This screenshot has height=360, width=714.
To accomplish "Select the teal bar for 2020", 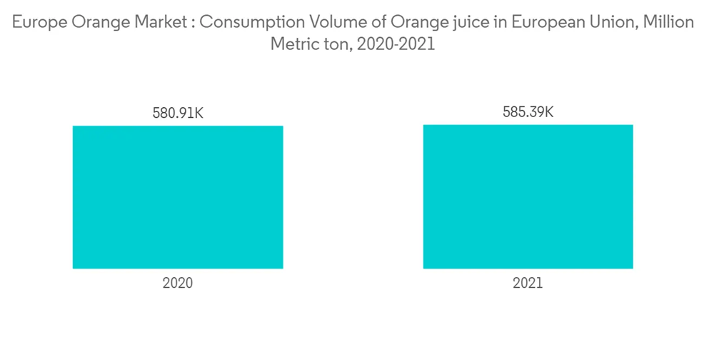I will click(x=178, y=197).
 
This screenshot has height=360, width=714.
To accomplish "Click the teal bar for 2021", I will click(x=528, y=196).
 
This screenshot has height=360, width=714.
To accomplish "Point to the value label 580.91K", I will click(x=178, y=113).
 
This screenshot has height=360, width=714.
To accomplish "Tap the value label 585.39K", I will click(x=528, y=112).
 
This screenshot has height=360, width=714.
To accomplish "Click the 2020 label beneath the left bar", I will click(x=178, y=283).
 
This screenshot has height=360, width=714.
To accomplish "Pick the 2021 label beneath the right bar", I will click(x=528, y=283).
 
